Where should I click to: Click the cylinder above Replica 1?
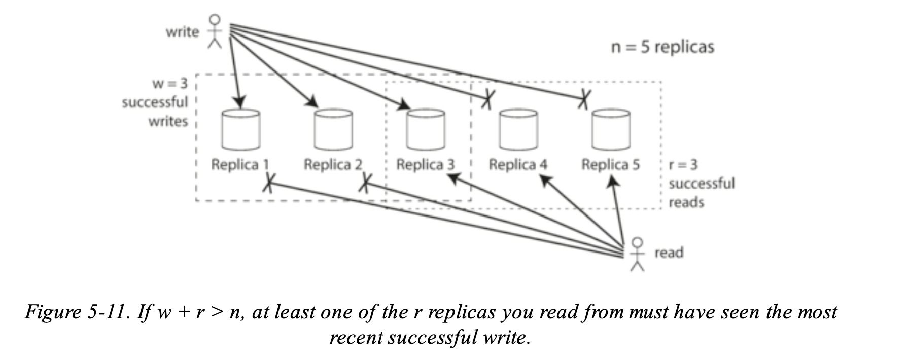point(241,130)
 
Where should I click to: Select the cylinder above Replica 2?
point(333,130)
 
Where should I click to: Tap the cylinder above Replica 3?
point(426,130)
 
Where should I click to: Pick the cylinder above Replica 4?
point(518,130)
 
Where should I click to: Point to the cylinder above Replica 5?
point(611,130)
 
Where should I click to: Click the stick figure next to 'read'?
point(638,254)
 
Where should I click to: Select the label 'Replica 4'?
point(518,165)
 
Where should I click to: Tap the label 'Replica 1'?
point(240,165)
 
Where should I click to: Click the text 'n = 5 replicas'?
point(662,47)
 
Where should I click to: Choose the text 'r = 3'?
point(683,165)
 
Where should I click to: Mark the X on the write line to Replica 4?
point(487,98)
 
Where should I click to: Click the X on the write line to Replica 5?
point(584,98)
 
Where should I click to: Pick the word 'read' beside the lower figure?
point(669,253)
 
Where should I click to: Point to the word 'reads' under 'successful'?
point(686,202)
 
